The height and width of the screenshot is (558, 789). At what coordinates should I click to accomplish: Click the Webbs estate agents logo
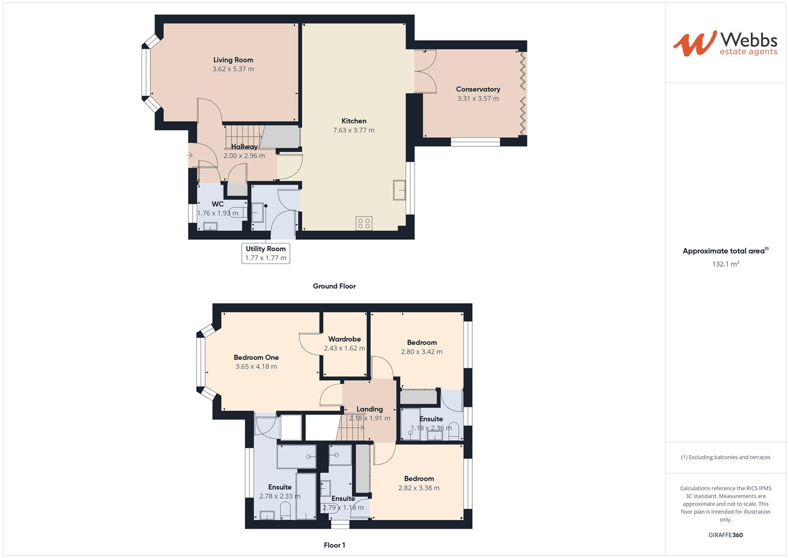coord(725,43)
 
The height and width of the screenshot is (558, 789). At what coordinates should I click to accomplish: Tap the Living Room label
coord(233,60)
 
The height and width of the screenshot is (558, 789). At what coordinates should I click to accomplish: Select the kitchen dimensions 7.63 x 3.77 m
coord(354,130)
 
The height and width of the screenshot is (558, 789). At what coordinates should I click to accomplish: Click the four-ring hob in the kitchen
coord(364,223)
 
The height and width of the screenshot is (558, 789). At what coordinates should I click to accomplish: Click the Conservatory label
coord(478,89)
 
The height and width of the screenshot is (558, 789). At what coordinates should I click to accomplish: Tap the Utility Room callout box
coord(266,253)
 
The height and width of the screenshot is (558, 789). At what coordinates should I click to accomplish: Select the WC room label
coord(218,204)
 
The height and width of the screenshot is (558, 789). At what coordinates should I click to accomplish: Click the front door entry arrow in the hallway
coord(190,155)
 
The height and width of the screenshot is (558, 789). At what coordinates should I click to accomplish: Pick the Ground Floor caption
coord(334,286)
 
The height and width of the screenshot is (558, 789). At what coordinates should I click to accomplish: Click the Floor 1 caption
coord(334,545)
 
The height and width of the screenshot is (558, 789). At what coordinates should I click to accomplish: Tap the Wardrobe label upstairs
coord(344,339)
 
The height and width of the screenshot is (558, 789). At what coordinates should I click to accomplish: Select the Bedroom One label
coord(256,358)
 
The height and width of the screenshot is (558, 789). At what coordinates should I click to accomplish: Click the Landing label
coord(369,409)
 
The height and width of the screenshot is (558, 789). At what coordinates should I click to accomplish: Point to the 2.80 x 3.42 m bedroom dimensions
coord(422,352)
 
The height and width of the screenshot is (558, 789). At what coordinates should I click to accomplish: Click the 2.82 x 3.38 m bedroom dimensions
coord(419,488)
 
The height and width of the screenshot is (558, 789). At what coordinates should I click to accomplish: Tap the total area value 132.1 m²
coord(725,264)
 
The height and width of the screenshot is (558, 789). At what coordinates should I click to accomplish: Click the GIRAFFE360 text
coord(725,535)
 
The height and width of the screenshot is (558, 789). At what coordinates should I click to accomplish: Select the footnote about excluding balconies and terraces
coord(725,457)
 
